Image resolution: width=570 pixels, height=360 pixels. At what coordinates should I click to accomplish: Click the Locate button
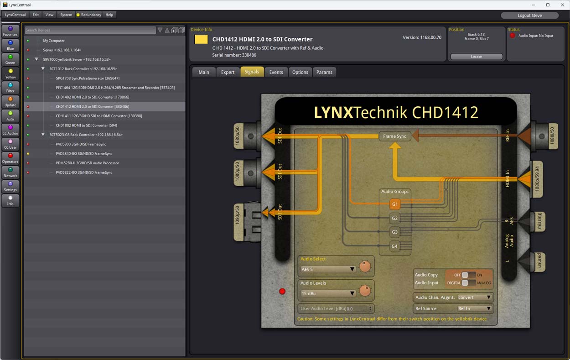pos(476,57)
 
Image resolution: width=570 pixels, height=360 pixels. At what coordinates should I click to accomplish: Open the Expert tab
pos(228,72)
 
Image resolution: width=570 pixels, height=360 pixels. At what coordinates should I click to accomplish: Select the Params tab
pos(324,72)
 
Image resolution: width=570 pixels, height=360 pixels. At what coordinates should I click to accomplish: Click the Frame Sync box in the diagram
pos(394,136)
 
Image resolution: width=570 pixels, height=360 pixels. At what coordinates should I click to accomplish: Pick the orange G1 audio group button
pos(395,204)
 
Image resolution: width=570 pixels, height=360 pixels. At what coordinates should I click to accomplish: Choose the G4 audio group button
pos(395,246)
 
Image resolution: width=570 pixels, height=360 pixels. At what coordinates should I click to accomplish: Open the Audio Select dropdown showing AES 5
pos(327,269)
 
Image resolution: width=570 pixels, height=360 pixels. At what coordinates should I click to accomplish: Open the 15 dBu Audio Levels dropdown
pos(327,293)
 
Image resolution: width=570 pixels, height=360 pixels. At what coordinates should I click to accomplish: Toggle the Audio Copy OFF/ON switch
pos(465,275)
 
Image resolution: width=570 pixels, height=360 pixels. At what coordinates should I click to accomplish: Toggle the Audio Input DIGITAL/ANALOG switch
pos(465,283)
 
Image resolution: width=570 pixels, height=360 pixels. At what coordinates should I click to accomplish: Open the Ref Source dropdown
pos(474,308)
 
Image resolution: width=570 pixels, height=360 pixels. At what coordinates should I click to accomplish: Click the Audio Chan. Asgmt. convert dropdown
pos(474,297)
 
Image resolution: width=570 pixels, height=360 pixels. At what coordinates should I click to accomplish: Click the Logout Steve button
pos(529,15)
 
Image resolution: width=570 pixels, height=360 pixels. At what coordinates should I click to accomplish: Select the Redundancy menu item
pos(88,15)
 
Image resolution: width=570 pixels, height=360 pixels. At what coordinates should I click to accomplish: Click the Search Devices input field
pos(90,30)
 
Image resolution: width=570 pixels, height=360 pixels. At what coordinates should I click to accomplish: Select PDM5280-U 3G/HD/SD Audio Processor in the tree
pos(87,163)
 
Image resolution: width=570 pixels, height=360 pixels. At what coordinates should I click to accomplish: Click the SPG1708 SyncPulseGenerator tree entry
pos(88,78)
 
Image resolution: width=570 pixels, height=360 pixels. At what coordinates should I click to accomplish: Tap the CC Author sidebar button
pos(10,130)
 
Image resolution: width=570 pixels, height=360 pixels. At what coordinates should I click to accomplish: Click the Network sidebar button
pos(10,172)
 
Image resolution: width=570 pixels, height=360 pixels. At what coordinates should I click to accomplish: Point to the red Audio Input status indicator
pos(513,36)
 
